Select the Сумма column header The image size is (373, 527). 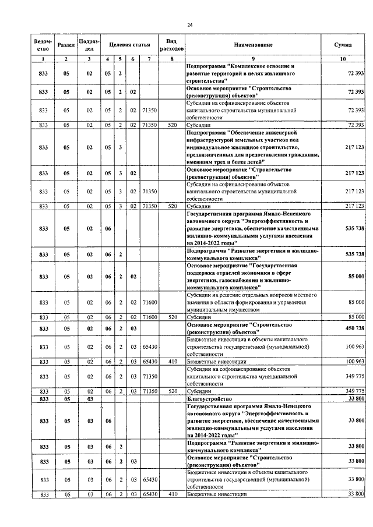click(342, 45)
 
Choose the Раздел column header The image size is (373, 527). click(66, 45)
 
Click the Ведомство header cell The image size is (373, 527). click(43, 45)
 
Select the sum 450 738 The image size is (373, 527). click(353, 329)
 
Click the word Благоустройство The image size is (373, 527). click(208, 399)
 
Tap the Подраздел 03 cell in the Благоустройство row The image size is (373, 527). click(89, 399)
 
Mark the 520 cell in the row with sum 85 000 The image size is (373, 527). click(171, 317)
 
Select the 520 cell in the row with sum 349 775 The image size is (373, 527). click(171, 391)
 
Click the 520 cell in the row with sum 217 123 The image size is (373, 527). click(171, 206)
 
